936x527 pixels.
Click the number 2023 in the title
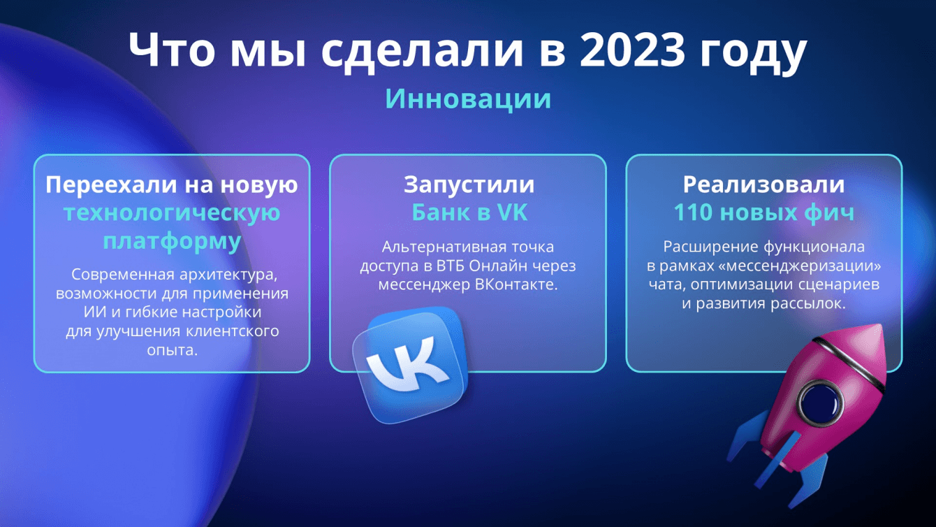pos(632,50)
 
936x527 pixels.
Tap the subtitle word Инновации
pos(468,99)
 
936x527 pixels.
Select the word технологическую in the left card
pos(172,213)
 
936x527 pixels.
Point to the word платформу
pos(172,241)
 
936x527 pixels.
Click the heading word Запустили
pos(469,185)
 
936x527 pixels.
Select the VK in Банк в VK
pos(512,212)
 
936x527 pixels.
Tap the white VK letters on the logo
pos(407,362)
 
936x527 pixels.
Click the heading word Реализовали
pos(764,185)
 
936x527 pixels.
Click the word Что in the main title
pos(172,50)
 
